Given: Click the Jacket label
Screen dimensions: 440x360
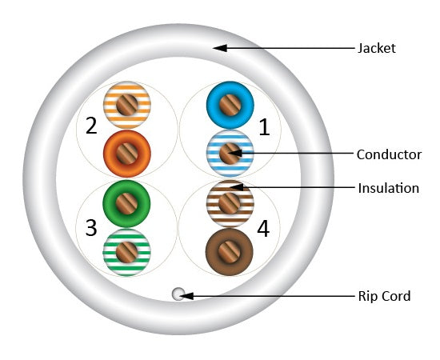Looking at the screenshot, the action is [x=377, y=48].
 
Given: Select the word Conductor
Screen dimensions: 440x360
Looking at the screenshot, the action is [x=389, y=154].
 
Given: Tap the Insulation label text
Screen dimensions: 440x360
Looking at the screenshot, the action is [x=389, y=188].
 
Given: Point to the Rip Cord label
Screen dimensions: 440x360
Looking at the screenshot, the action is [x=384, y=296].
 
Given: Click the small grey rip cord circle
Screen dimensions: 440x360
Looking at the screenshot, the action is [x=178, y=294].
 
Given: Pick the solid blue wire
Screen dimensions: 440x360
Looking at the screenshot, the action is [x=230, y=105].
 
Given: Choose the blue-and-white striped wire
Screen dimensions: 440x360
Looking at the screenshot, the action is [x=230, y=154].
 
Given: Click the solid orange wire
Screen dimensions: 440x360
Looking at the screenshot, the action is [x=127, y=154].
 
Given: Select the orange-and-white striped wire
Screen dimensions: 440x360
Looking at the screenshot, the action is [x=127, y=105].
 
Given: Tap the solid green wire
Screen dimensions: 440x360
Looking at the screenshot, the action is [x=126, y=204].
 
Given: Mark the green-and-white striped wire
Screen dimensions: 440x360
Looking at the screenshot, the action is [x=126, y=252].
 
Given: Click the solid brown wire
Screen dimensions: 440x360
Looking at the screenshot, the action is [x=230, y=252].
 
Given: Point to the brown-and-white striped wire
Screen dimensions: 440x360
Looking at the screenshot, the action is [x=230, y=204].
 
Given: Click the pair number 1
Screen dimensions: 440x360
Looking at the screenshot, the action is [x=264, y=127].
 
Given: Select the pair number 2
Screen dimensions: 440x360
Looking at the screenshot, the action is [x=91, y=126].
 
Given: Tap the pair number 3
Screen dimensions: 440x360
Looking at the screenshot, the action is [x=91, y=227].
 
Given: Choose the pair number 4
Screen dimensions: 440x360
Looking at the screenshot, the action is [x=263, y=229].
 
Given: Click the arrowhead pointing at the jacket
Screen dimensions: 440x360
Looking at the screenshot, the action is [x=220, y=48].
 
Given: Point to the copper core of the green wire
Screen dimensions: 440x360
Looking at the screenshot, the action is [x=126, y=204].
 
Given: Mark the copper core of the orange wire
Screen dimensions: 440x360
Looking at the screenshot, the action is [x=127, y=154].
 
